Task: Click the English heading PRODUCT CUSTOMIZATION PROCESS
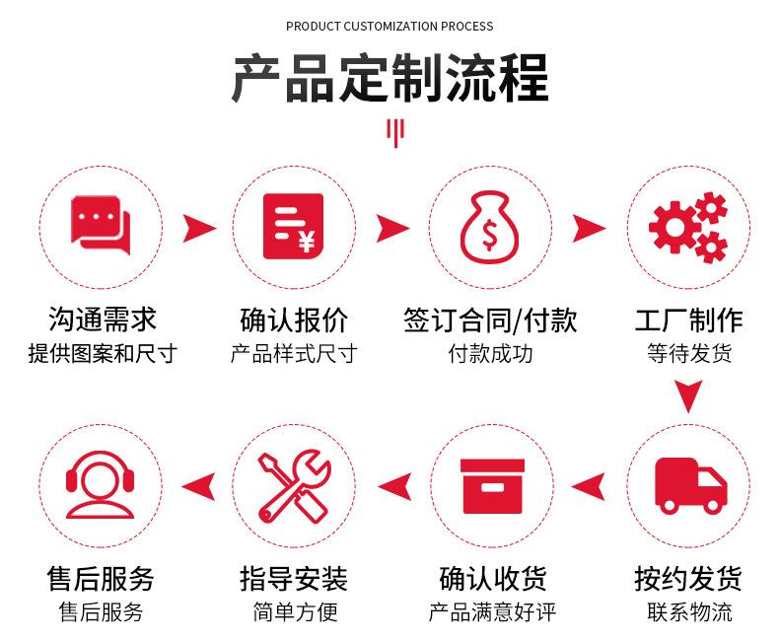tap(389, 26)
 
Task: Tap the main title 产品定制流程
tap(389, 80)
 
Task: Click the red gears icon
tap(687, 227)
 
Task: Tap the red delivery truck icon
tap(689, 484)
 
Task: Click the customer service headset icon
tap(100, 484)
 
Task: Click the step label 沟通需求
tap(102, 320)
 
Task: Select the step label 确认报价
tap(294, 320)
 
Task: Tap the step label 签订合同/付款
tap(490, 320)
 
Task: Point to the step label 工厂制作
tap(688, 320)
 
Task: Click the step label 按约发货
tap(688, 578)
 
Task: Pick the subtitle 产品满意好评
tap(490, 612)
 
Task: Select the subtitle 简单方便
tap(294, 612)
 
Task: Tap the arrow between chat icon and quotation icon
tap(199, 229)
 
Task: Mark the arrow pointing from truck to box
tap(589, 485)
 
